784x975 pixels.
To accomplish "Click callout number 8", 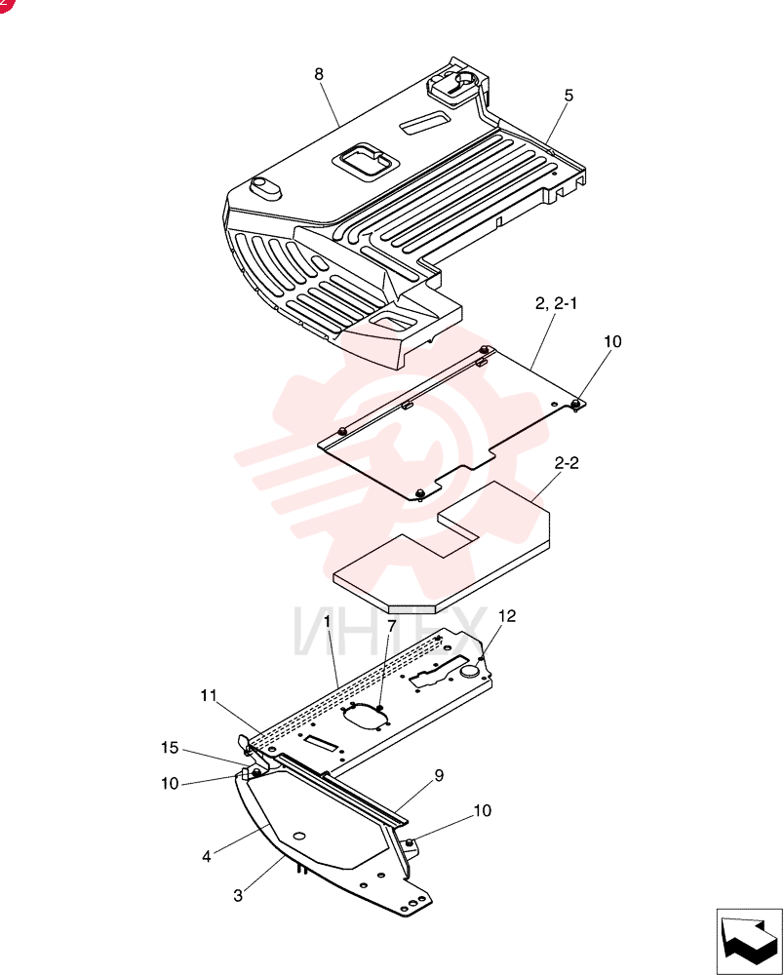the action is (x=319, y=75).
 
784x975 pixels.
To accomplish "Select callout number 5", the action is (x=568, y=96).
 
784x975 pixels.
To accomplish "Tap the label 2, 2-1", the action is (x=557, y=303).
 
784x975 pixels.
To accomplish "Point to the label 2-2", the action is (x=567, y=463).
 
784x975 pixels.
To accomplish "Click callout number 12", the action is (x=507, y=616).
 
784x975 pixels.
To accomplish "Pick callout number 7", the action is (x=392, y=626).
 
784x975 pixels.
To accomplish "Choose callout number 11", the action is (x=209, y=696).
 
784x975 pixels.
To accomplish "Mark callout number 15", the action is (x=170, y=748).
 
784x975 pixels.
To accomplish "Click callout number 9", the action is (x=439, y=776).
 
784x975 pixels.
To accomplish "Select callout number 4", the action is (x=207, y=857).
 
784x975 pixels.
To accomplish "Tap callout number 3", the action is (x=238, y=896).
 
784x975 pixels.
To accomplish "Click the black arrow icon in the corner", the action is (x=749, y=941).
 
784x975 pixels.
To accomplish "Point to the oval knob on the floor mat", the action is (x=264, y=187).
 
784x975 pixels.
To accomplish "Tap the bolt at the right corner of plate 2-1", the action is (x=576, y=405).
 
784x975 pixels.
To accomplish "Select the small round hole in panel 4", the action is (x=299, y=836).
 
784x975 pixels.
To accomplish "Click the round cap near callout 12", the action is (x=470, y=672).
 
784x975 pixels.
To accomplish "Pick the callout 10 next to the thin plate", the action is (x=612, y=342).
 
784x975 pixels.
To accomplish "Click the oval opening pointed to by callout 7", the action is (x=367, y=719).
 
